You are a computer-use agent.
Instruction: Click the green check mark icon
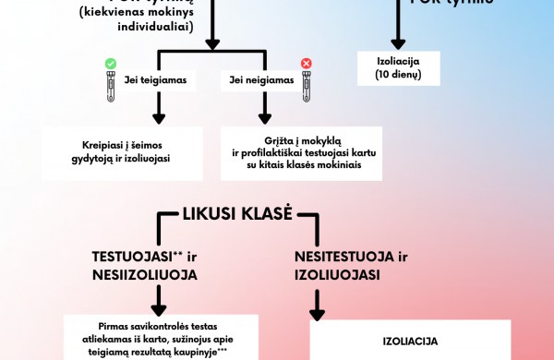coord(111,64)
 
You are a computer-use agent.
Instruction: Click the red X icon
coord(307,64)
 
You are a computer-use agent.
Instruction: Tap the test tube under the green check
coord(111,86)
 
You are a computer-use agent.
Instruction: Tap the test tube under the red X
coord(306,86)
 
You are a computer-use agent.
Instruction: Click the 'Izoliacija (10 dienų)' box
coord(400,67)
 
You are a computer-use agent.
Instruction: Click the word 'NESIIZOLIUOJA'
coord(146,274)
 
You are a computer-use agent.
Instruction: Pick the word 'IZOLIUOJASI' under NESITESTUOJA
coord(339,274)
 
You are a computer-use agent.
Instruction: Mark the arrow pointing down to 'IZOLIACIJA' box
coord(317,305)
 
